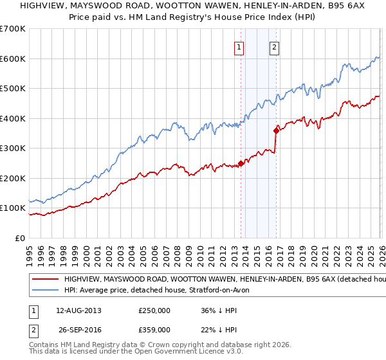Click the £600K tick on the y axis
tap(13, 59)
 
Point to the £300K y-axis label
tap(13, 148)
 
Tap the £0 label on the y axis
tap(21, 239)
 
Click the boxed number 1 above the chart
tap(239, 46)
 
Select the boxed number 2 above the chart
tap(274, 46)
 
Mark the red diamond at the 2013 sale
tap(241, 163)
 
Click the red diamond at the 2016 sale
tap(276, 130)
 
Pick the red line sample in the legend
tap(46, 280)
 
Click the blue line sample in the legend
tap(46, 291)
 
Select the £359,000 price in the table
tap(154, 329)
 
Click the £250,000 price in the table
tap(154, 310)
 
